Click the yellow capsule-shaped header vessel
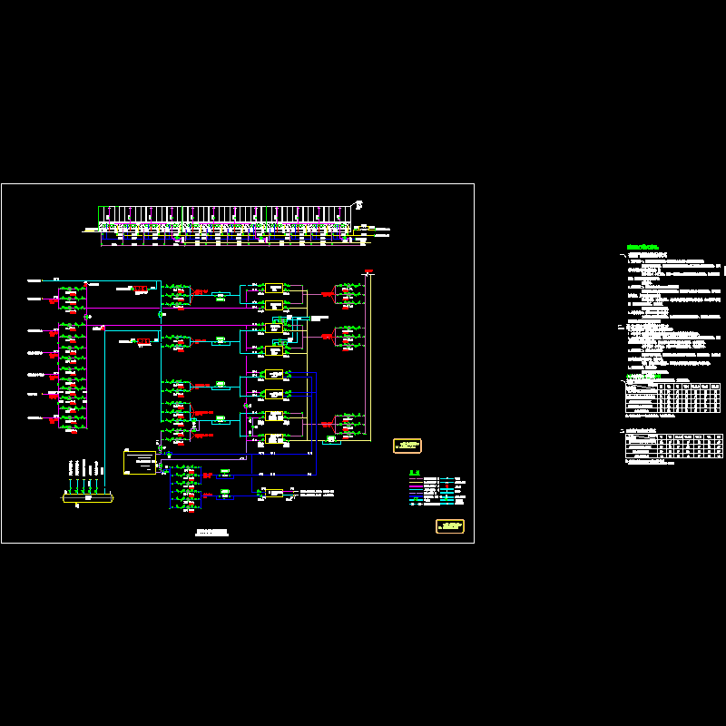point(88,497)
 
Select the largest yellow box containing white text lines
point(140,461)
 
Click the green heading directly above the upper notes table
point(646,376)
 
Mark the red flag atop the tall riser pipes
point(368,270)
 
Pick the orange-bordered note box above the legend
point(407,446)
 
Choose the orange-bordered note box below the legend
point(450,526)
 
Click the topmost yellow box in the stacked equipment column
point(273,287)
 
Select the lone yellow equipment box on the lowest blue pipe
point(273,493)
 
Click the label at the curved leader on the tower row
point(359,203)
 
